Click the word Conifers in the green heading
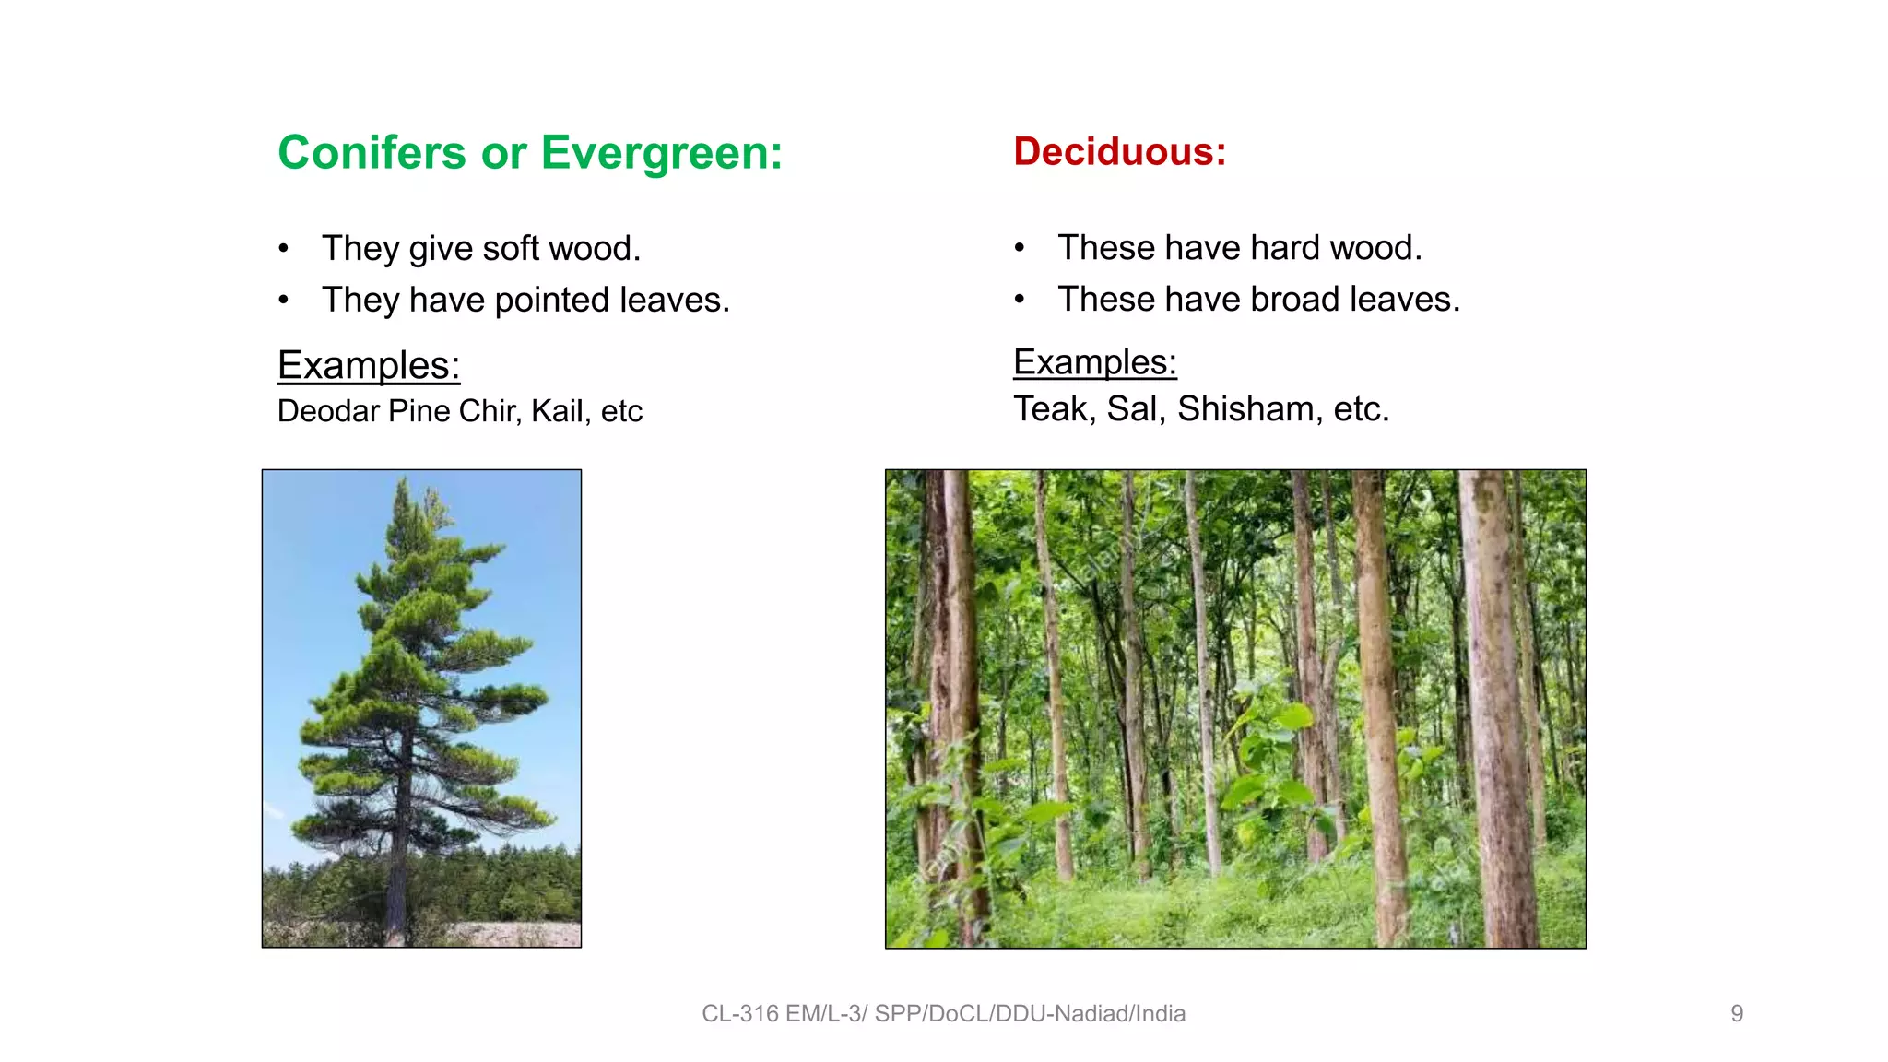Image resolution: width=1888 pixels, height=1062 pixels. [372, 153]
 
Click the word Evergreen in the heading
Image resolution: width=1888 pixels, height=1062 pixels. [661, 153]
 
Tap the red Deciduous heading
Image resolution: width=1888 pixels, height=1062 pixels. [1119, 152]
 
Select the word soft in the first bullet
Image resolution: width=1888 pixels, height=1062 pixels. [510, 249]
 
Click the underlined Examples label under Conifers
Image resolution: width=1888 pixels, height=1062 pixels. [369, 366]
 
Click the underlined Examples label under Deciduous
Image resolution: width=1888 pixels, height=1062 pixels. [1094, 362]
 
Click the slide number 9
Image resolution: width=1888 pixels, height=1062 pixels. [1737, 1014]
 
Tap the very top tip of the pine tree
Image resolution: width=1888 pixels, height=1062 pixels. [404, 478]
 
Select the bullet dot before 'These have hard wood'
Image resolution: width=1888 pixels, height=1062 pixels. [1020, 248]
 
